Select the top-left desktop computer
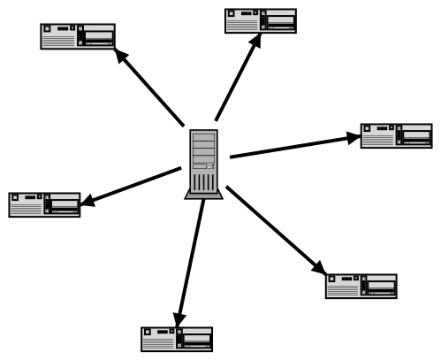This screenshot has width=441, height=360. point(78,36)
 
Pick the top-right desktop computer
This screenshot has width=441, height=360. point(261,20)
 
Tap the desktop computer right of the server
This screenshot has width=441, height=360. point(396,135)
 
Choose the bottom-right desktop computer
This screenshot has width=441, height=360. point(361,286)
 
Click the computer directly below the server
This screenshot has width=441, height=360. point(177,339)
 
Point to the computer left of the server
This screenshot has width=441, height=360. point(44,203)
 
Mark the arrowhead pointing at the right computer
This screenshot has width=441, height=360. point(353,137)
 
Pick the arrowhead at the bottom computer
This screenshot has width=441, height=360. point(179,318)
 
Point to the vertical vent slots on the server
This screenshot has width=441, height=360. point(202,181)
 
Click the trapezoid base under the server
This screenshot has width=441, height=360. point(202,195)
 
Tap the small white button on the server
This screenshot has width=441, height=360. point(209,165)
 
